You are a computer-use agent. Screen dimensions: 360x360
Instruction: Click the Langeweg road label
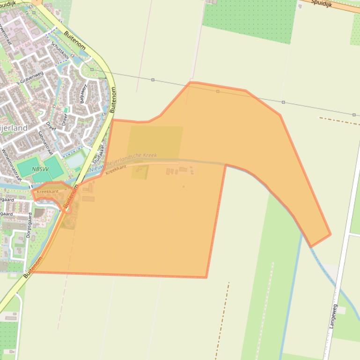click(334, 317)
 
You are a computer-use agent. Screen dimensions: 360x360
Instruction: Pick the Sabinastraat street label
click(45, 143)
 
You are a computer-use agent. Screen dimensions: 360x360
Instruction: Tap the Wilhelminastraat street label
click(11, 165)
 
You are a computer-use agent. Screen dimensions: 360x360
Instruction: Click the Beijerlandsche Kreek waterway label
click(132, 159)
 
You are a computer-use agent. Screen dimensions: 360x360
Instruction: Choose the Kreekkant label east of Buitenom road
click(116, 169)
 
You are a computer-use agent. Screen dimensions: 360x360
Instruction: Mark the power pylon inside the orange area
click(218, 91)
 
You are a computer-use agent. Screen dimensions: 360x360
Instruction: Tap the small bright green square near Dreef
click(66, 109)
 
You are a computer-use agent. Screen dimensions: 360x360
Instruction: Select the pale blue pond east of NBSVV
click(75, 161)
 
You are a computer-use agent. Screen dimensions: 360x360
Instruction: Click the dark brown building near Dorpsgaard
click(39, 213)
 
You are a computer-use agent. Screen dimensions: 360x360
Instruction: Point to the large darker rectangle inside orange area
click(155, 142)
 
